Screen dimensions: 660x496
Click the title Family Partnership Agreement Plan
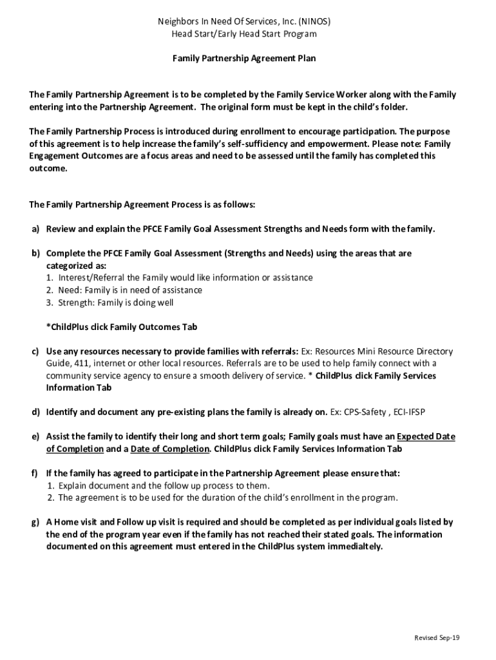tap(244, 58)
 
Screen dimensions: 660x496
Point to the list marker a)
tap(35, 229)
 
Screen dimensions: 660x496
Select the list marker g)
tap(35, 522)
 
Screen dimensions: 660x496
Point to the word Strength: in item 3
tap(77, 302)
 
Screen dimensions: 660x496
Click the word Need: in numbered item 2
tap(72, 290)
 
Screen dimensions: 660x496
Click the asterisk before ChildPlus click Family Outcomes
tap(48, 327)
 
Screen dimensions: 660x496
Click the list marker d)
tap(36, 412)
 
